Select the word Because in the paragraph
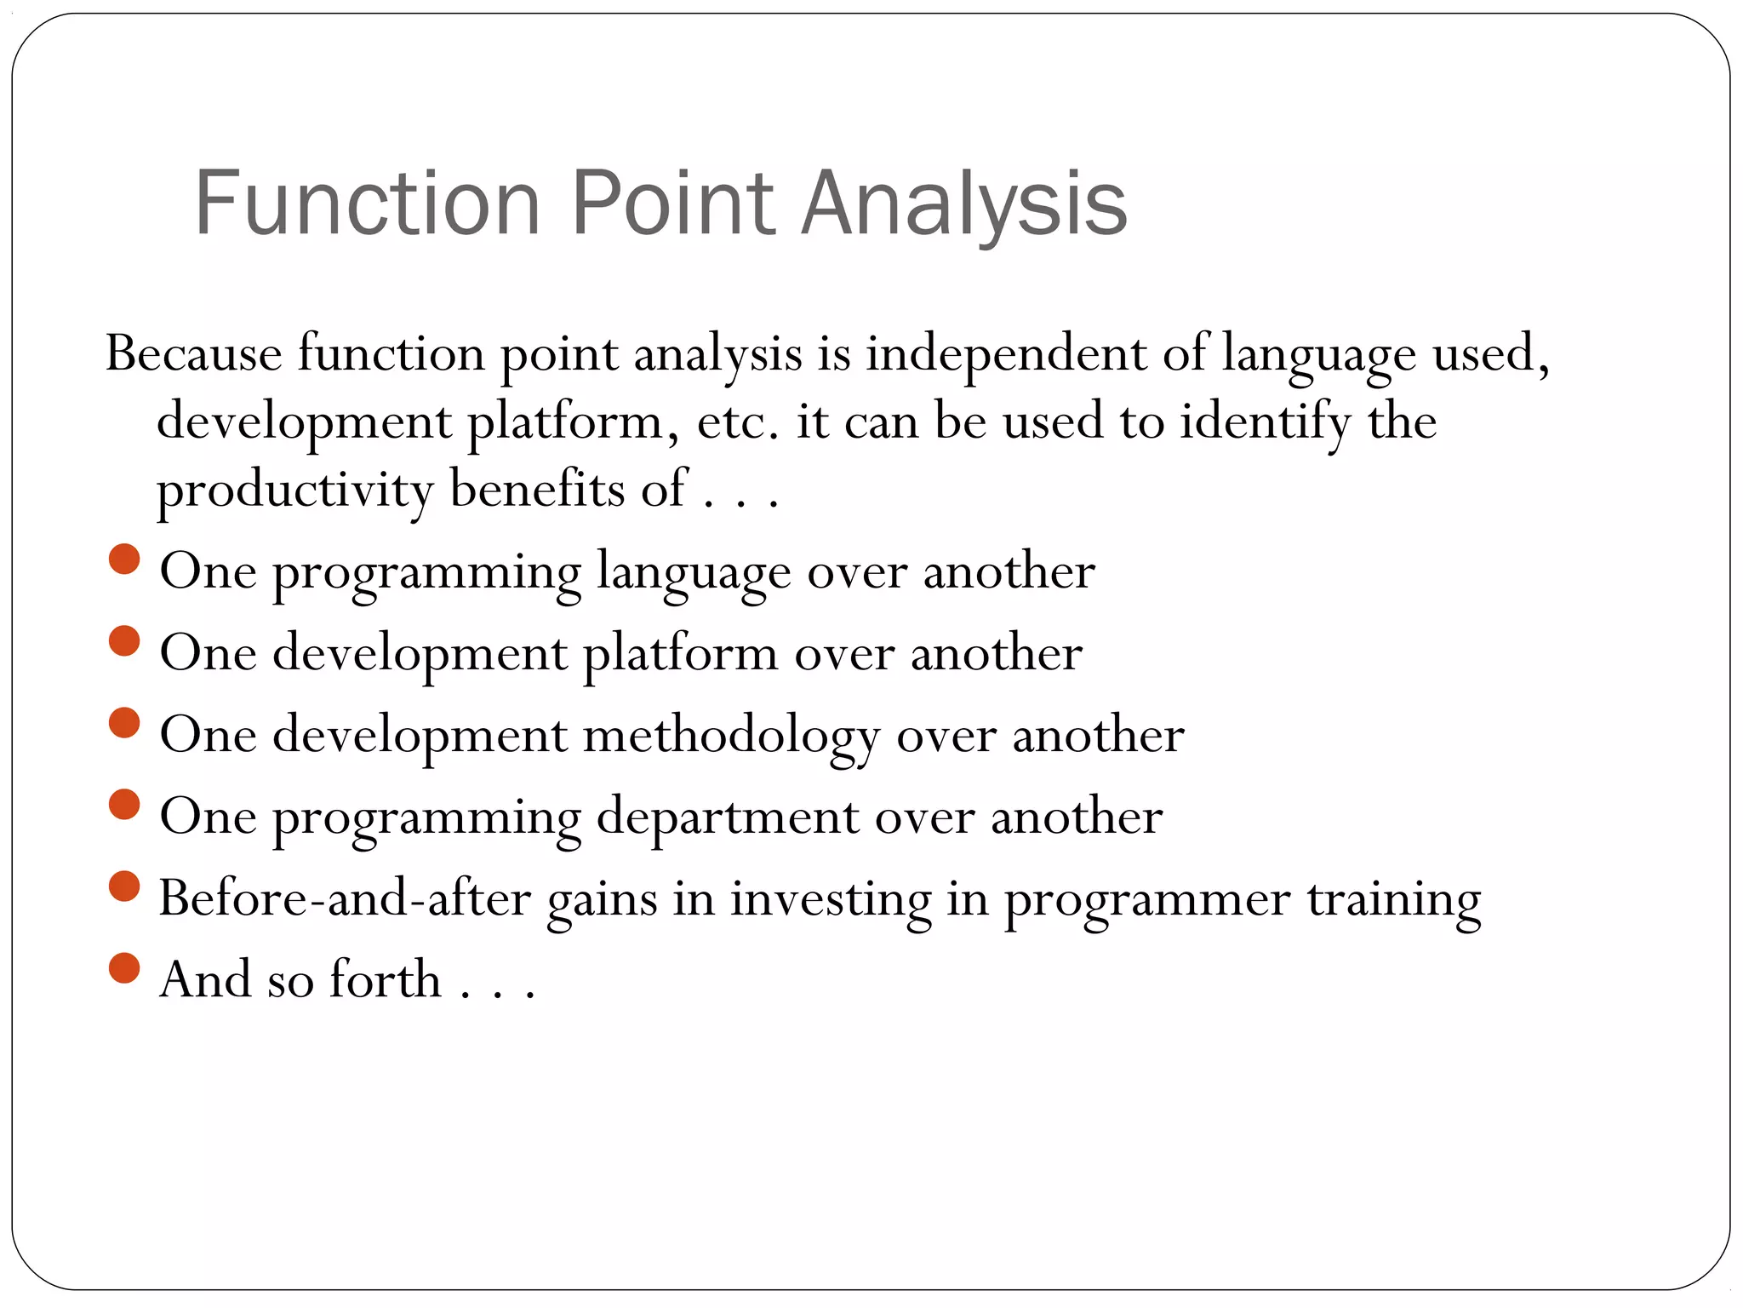pyautogui.click(x=193, y=353)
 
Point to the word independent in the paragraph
pyautogui.click(x=1005, y=353)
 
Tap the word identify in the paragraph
pyautogui.click(x=1265, y=422)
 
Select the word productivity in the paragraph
pyautogui.click(x=294, y=490)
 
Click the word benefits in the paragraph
pyautogui.click(x=537, y=489)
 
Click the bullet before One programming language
pyautogui.click(x=124, y=559)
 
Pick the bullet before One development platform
pyautogui.click(x=124, y=641)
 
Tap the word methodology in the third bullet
pyautogui.click(x=731, y=736)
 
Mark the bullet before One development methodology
pyautogui.click(x=124, y=723)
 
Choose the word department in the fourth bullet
pyautogui.click(x=727, y=817)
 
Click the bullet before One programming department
pyautogui.click(x=124, y=805)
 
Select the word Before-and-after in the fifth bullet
pyautogui.click(x=345, y=898)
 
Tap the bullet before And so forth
pyautogui.click(x=124, y=968)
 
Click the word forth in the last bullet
pyautogui.click(x=385, y=979)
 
